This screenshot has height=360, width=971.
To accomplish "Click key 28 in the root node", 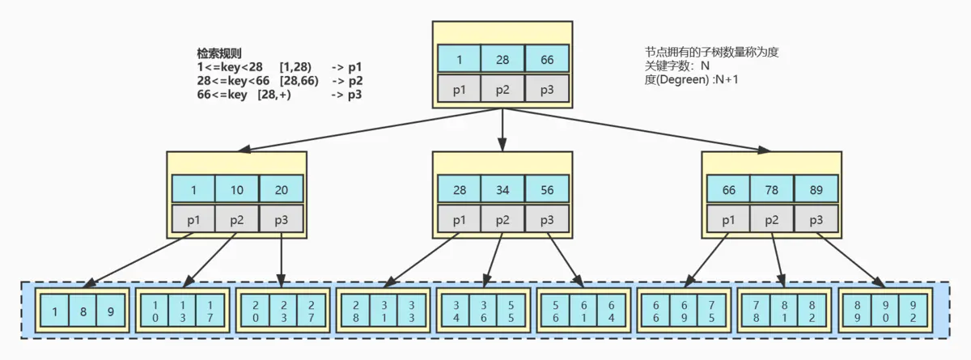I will pyautogui.click(x=503, y=59).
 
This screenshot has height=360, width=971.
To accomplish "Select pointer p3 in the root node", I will pyautogui.click(x=547, y=89).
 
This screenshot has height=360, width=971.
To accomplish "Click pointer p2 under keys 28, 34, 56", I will pyautogui.click(x=503, y=219).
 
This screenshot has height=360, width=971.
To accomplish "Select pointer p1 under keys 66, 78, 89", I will pyautogui.click(x=728, y=219).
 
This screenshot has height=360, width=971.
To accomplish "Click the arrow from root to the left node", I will pyautogui.click(x=372, y=129).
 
